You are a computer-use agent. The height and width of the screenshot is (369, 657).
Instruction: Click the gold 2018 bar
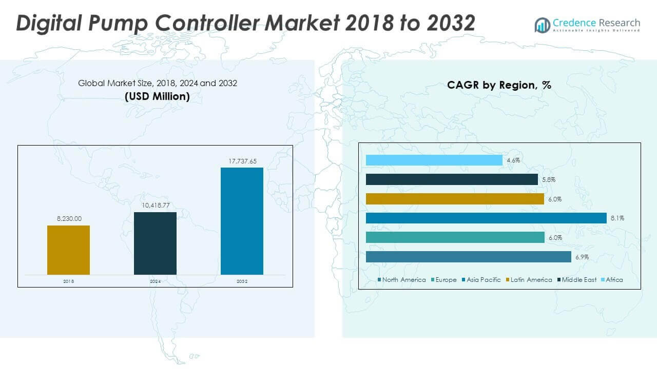[x=68, y=250]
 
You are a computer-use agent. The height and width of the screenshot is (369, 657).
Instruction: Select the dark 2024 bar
[x=155, y=243]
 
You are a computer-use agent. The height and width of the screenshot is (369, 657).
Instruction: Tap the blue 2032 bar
[x=242, y=221]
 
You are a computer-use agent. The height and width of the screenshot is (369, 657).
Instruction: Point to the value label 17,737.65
[x=242, y=161]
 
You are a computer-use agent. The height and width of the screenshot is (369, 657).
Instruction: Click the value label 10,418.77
[x=155, y=206]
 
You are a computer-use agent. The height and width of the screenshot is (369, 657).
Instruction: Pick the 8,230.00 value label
[x=69, y=219]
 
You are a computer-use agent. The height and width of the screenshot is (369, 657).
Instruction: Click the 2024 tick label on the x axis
[x=155, y=281]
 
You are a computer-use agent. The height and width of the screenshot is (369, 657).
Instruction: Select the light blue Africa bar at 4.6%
[x=434, y=160]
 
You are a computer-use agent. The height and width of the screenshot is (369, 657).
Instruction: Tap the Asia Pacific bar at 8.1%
[x=486, y=218]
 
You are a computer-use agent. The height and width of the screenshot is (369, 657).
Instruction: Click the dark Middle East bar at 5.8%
[x=452, y=179]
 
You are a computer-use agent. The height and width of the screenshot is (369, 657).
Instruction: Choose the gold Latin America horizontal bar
[x=455, y=199]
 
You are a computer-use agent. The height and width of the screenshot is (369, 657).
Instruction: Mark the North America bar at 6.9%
[x=468, y=257]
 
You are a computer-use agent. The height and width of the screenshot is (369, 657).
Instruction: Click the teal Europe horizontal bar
[x=455, y=237]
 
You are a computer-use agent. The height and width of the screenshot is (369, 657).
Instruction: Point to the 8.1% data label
[x=617, y=218]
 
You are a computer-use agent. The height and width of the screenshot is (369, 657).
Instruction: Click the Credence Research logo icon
[x=542, y=25]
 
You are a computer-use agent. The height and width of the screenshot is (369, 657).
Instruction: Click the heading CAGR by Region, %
[x=499, y=85]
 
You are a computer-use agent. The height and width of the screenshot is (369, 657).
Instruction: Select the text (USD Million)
[x=157, y=96]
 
